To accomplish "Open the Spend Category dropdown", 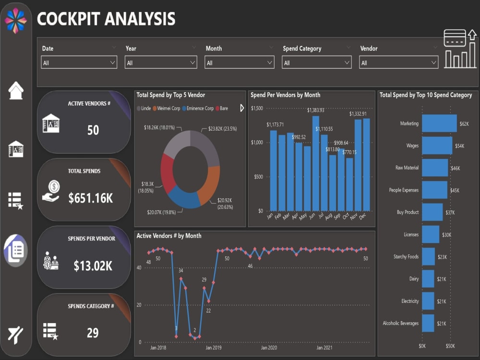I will (317, 63).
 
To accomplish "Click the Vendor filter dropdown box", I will (398, 63).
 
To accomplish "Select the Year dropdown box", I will (161, 63).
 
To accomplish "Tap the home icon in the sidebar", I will (16, 90).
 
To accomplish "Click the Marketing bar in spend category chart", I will (439, 123).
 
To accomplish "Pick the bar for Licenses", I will (431, 234).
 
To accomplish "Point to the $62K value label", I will (464, 124).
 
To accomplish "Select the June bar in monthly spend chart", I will (315, 163).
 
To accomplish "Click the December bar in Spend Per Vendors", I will (367, 165).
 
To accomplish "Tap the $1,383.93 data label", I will (316, 110).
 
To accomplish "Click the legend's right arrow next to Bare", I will (241, 108).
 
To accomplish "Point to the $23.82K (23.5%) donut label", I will (222, 129).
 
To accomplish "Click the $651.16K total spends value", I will (91, 198).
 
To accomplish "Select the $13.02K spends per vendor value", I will (93, 265).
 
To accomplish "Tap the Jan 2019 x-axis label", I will (213, 348).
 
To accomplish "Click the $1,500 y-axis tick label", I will (257, 108).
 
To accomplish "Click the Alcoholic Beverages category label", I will (400, 323).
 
